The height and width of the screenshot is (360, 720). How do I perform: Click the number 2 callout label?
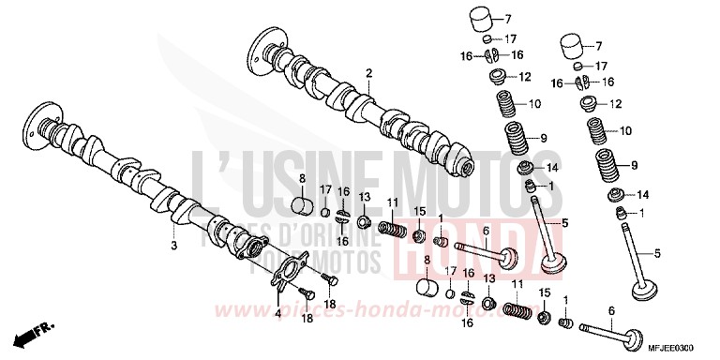tap(369, 73)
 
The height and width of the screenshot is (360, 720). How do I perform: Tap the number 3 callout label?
tap(173, 246)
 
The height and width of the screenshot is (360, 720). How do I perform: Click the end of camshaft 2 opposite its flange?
tap(461, 167)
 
